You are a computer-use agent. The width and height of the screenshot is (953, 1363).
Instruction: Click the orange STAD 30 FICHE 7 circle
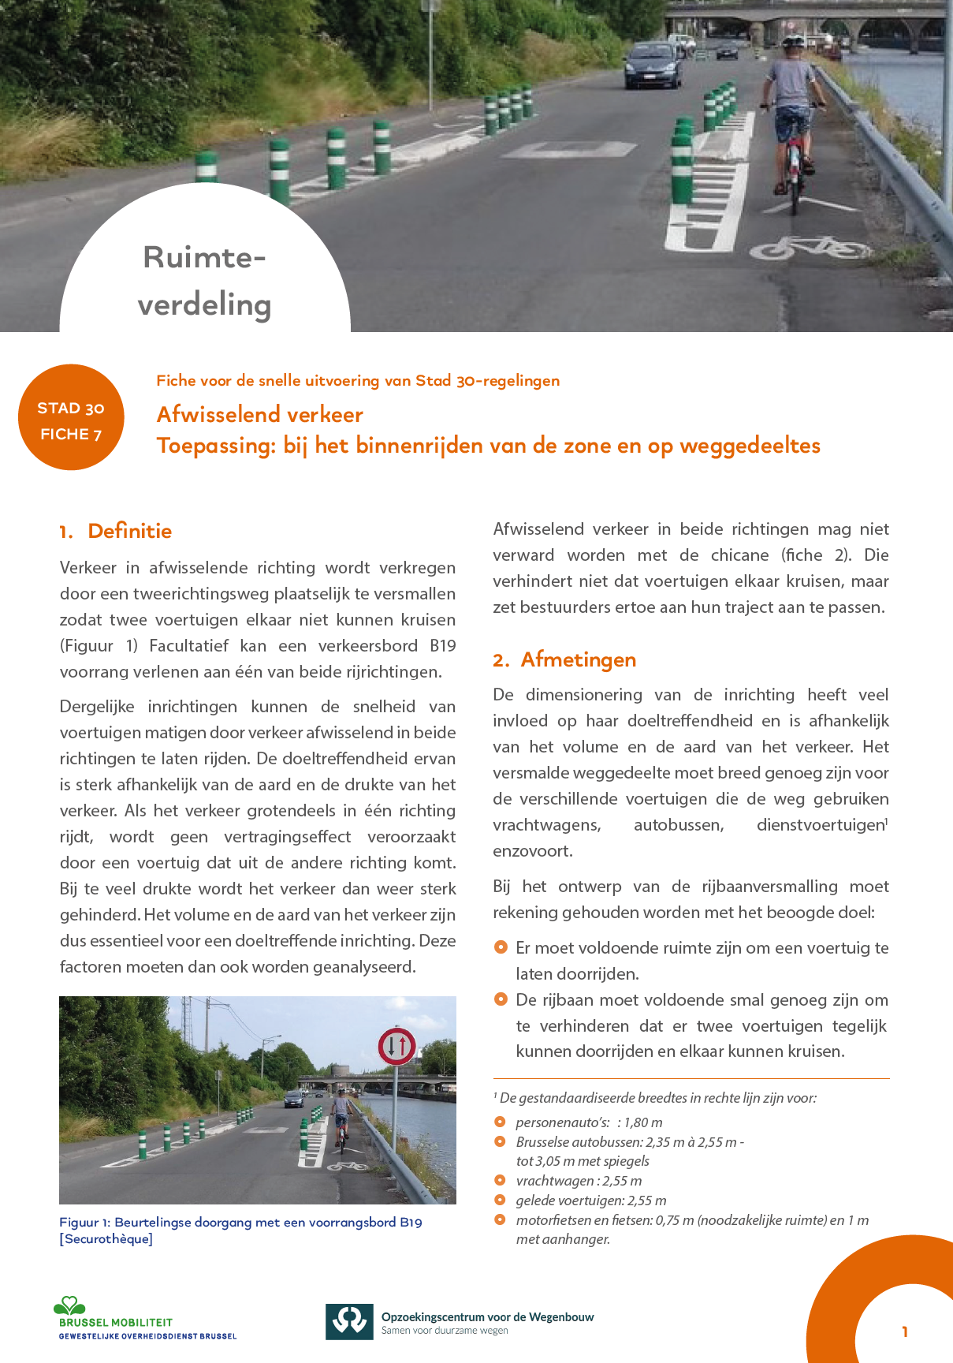pyautogui.click(x=71, y=417)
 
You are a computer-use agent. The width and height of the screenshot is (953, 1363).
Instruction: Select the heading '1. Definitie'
pyautogui.click(x=115, y=531)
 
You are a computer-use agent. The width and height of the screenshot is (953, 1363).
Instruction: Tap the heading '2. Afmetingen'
pyautogui.click(x=564, y=659)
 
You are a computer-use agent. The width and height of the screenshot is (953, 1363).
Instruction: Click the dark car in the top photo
pyautogui.click(x=653, y=65)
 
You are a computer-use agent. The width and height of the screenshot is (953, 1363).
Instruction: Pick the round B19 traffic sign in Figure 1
pyautogui.click(x=396, y=1047)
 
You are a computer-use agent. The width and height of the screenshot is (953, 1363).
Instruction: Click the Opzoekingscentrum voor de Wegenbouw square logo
pyautogui.click(x=349, y=1321)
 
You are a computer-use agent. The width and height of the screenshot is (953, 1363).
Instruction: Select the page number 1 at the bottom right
pyautogui.click(x=905, y=1331)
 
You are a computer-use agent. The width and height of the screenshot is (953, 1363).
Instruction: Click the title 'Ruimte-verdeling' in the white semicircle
pyautogui.click(x=205, y=281)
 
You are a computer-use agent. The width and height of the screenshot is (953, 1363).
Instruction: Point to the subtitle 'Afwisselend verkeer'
pyautogui.click(x=260, y=414)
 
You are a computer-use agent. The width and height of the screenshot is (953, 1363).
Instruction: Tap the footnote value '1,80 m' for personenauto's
pyautogui.click(x=643, y=1122)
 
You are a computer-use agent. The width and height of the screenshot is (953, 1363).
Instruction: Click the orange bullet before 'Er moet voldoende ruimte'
pyautogui.click(x=501, y=947)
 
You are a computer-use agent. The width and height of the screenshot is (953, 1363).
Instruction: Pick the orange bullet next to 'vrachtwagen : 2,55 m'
pyautogui.click(x=500, y=1181)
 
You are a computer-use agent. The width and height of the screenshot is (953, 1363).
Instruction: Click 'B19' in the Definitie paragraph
pyautogui.click(x=442, y=646)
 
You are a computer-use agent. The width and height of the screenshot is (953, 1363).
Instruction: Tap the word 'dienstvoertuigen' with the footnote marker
pyautogui.click(x=820, y=825)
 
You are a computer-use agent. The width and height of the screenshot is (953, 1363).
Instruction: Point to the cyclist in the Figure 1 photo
pyautogui.click(x=341, y=1112)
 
